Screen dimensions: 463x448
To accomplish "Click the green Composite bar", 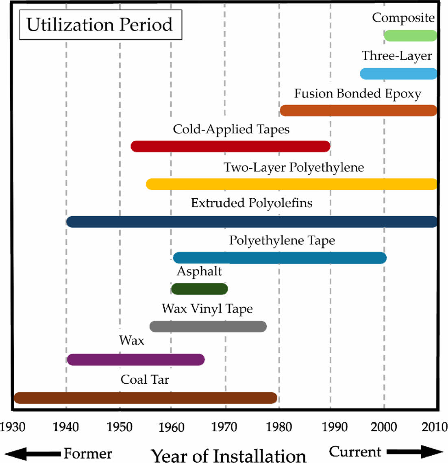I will (410, 36).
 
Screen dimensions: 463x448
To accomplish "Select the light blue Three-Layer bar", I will (398, 74).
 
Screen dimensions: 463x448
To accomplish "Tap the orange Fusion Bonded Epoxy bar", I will (358, 111).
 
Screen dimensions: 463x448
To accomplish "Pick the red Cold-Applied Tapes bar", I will (231, 146).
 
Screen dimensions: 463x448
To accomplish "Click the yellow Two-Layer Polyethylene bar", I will (291, 184).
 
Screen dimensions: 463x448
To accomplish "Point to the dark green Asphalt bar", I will (199, 289).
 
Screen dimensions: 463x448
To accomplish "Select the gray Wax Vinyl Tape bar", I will (208, 326).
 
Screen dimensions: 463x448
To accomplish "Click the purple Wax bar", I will (136, 360).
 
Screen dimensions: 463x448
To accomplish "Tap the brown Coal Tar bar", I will (146, 398).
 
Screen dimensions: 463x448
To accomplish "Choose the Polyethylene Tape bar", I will (280, 258).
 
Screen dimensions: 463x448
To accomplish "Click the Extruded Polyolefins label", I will (252, 203).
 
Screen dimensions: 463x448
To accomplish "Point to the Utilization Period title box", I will (100, 25).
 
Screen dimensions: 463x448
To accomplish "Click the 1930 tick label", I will (13, 427).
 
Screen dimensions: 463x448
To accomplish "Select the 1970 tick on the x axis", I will (224, 427).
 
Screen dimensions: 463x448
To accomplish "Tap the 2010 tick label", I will (435, 427).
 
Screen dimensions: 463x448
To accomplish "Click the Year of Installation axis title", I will (228, 455).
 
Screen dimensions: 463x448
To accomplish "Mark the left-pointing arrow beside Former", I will (33, 453).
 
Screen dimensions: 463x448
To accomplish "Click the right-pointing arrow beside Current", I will (415, 452).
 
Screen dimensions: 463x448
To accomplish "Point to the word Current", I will (355, 452).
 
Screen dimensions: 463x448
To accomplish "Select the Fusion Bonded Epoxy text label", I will (358, 93).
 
